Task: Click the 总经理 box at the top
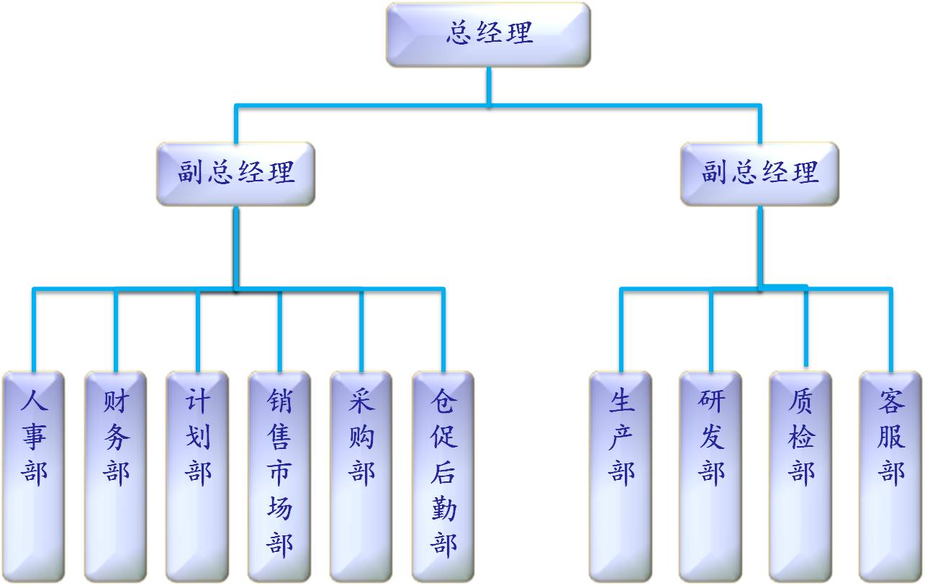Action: tap(488, 35)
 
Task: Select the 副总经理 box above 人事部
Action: tap(236, 173)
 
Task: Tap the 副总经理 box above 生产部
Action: tap(759, 173)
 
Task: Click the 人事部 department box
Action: tap(34, 476)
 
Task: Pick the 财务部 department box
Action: tap(115, 476)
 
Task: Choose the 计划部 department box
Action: tap(197, 476)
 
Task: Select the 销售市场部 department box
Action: tap(279, 476)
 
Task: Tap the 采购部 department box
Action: tap(361, 476)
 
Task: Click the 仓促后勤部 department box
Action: tap(443, 476)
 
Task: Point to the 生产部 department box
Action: tap(621, 476)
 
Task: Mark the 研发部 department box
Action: tap(710, 476)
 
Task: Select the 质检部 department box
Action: tap(800, 476)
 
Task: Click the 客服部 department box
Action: tap(890, 476)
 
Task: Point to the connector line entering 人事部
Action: tap(34, 331)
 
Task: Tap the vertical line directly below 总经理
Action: tap(489, 86)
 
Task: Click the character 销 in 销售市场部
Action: tap(279, 402)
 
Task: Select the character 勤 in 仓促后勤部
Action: tap(443, 509)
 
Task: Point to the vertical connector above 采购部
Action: tap(361, 331)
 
